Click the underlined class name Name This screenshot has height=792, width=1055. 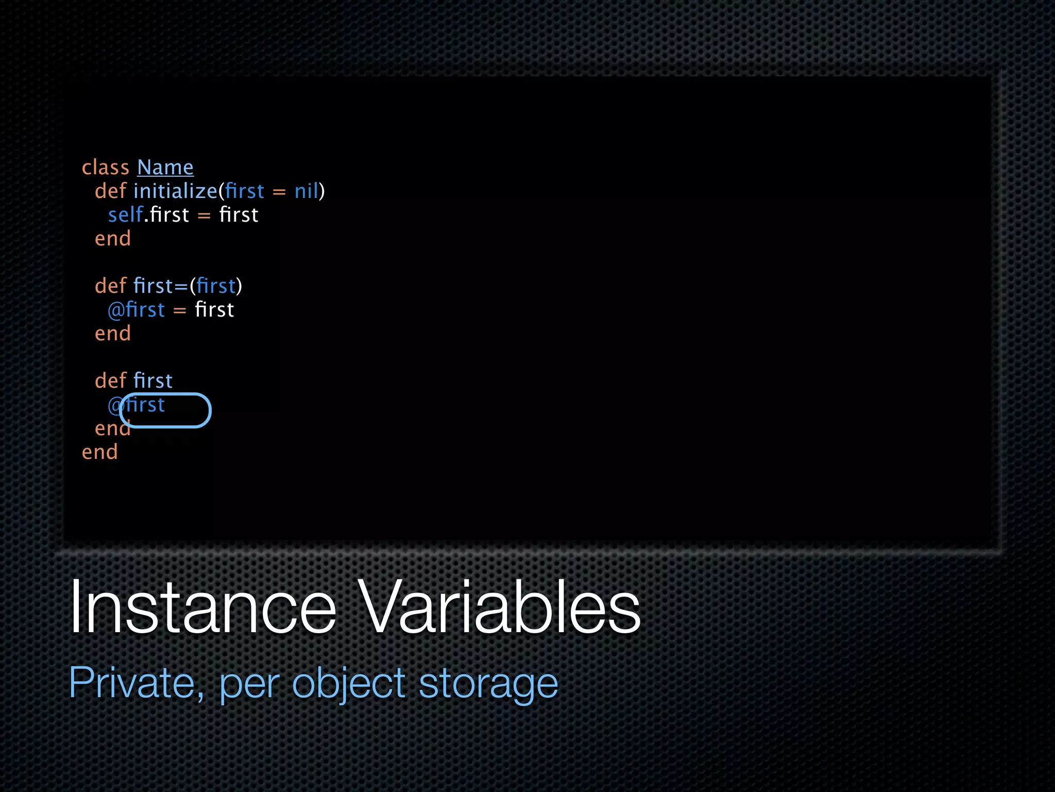pyautogui.click(x=165, y=168)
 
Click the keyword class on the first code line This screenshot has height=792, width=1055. pyautogui.click(x=105, y=168)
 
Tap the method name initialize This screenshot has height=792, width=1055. pyautogui.click(x=175, y=191)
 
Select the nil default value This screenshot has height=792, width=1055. pyautogui.click(x=307, y=191)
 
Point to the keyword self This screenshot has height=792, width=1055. pyautogui.click(x=125, y=215)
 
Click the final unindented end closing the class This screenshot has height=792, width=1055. pyautogui.click(x=100, y=452)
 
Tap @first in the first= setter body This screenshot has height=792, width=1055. pyautogui.click(x=137, y=310)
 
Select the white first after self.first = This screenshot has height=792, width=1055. pyautogui.click(x=239, y=215)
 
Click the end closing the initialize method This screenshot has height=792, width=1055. pyautogui.click(x=113, y=239)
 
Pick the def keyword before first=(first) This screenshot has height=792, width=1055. pyautogui.click(x=110, y=286)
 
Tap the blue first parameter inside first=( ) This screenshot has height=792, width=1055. pyautogui.click(x=216, y=286)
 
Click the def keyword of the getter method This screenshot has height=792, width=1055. pyautogui.click(x=110, y=381)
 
